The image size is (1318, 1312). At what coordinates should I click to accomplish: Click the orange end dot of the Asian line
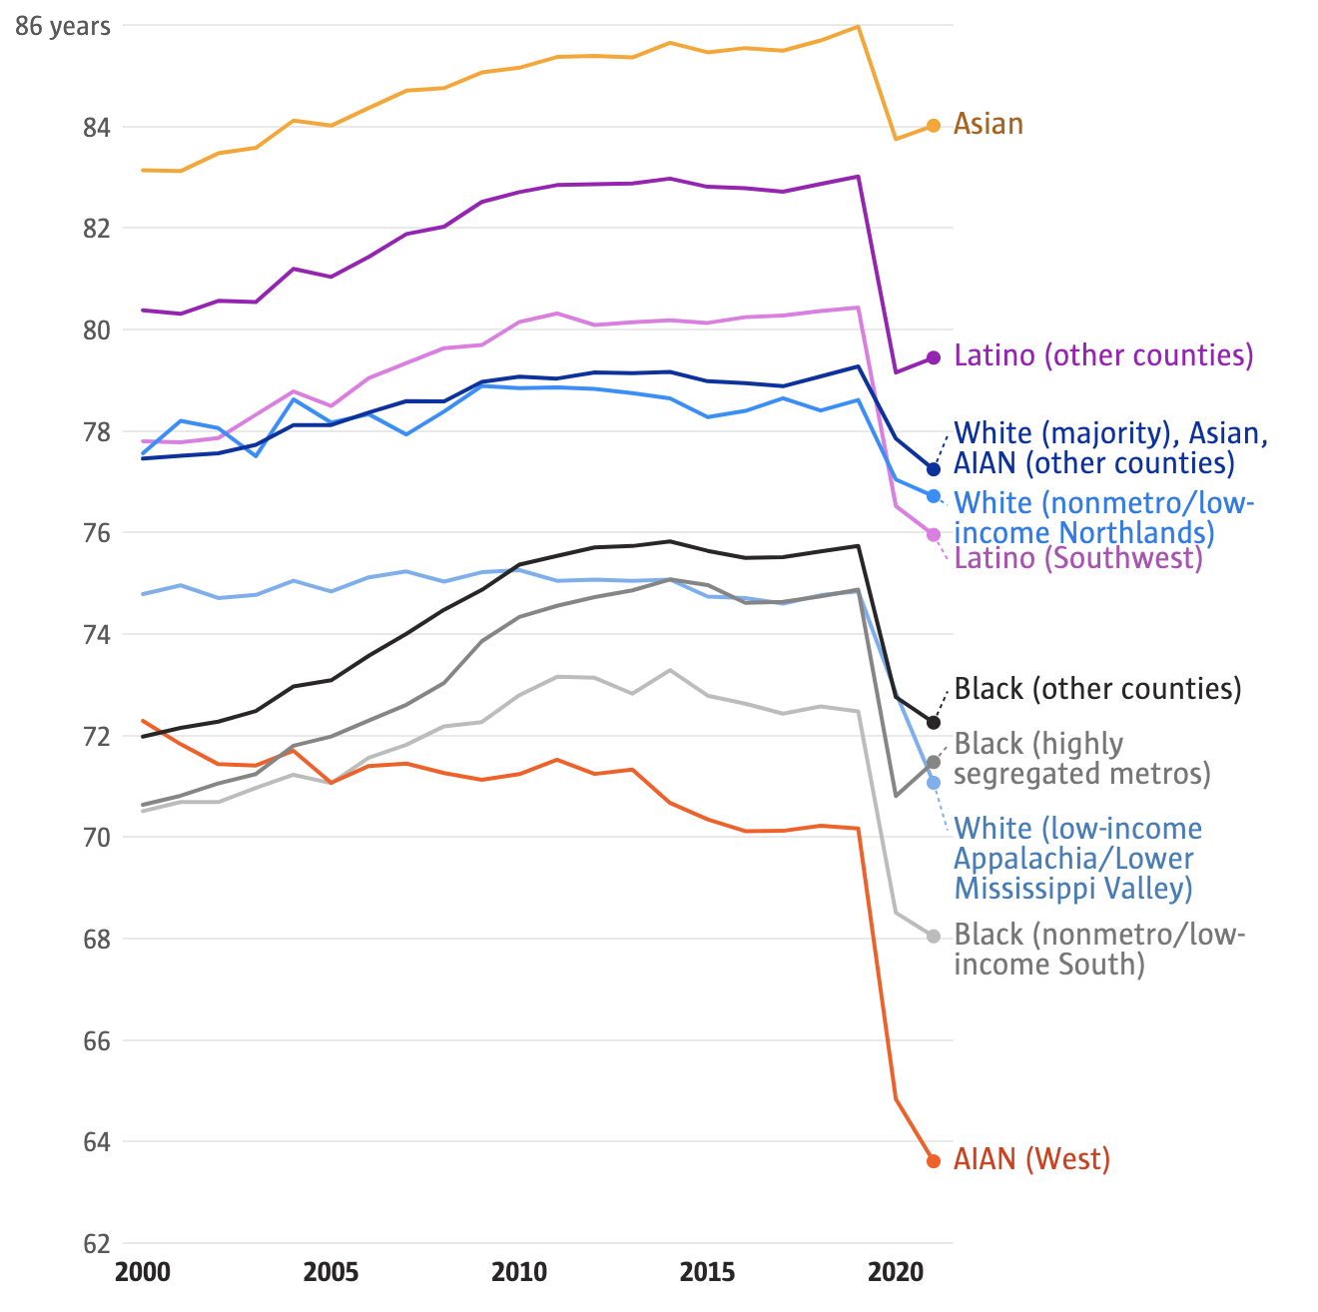tap(934, 126)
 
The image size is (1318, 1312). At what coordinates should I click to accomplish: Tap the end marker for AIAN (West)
tap(934, 1161)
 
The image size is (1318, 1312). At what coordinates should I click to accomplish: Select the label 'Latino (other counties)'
tap(1103, 355)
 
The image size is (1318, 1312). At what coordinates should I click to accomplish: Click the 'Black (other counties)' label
tap(1097, 689)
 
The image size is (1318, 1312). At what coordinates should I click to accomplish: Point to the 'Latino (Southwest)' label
tap(1078, 558)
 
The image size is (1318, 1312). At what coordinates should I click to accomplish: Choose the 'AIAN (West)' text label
tap(1031, 1159)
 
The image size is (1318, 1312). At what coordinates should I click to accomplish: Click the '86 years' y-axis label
tap(62, 26)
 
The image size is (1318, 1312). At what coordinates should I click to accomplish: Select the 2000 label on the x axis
tap(143, 1273)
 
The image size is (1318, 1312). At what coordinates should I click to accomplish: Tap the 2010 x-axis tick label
tap(519, 1273)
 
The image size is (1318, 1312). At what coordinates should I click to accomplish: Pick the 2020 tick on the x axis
tap(896, 1273)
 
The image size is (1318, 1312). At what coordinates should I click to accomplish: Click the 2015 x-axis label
tap(708, 1273)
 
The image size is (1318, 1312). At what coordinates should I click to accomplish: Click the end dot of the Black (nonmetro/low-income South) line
tap(934, 937)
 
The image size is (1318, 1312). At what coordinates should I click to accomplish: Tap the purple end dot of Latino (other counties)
tap(934, 357)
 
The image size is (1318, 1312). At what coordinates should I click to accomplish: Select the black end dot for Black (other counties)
tap(934, 722)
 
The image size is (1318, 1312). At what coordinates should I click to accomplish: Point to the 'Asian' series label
tap(988, 124)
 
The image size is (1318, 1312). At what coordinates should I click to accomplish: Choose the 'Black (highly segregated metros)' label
tap(1081, 759)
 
